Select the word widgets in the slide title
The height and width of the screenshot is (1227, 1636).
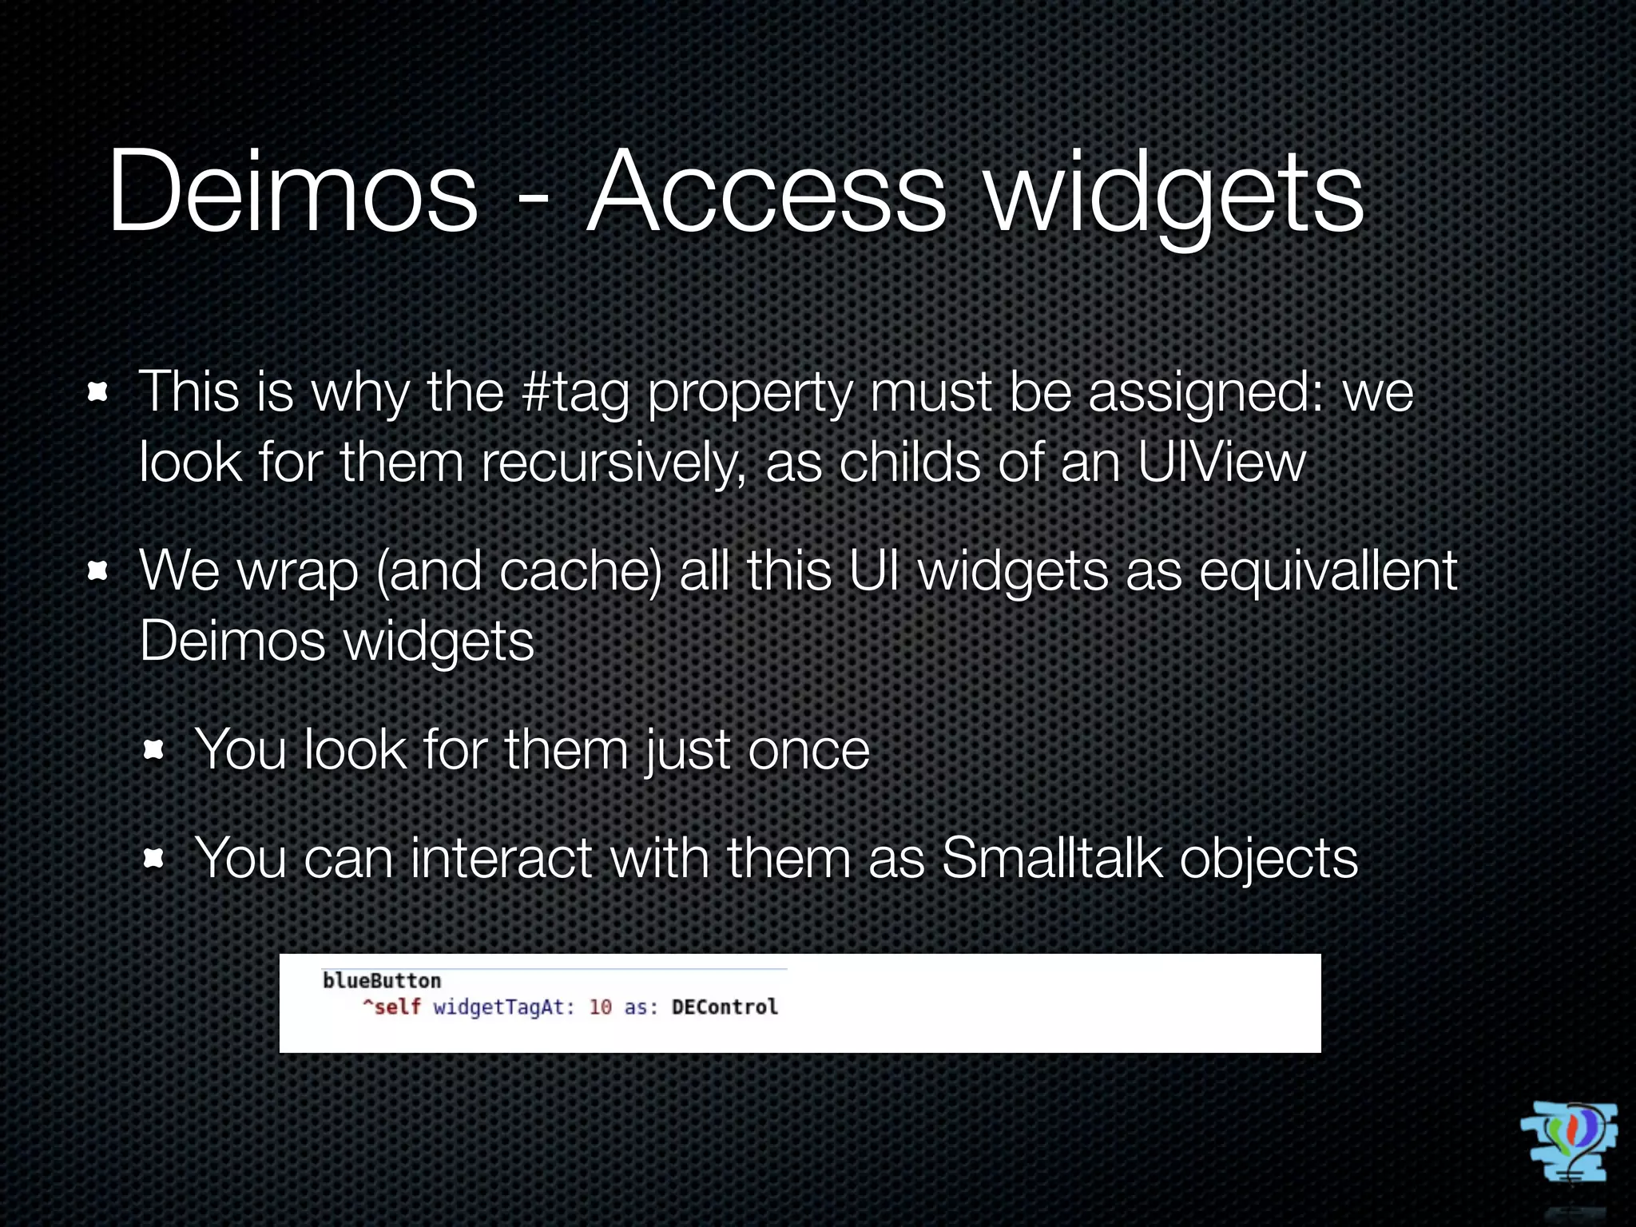1174,196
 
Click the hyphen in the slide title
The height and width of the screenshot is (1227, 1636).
533,200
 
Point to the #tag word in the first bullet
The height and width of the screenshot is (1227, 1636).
574,394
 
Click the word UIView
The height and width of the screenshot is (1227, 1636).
1221,463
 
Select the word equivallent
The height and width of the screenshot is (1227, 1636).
1328,572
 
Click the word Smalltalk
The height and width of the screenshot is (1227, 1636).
1052,859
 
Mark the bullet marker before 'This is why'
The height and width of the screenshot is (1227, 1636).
97,393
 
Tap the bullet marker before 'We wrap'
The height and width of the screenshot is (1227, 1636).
97,572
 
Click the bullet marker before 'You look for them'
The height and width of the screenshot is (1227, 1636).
153,750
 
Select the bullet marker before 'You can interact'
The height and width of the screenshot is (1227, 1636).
153,859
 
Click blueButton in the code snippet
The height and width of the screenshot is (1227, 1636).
382,981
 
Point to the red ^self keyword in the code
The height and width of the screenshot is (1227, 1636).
391,1007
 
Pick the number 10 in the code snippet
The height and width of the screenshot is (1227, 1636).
600,1007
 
